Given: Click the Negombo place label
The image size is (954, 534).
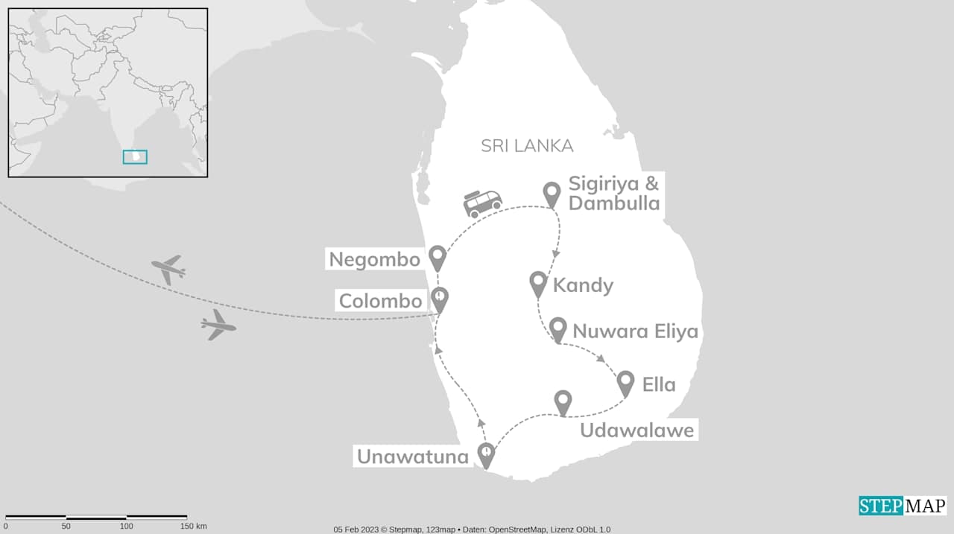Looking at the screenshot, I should (x=375, y=259).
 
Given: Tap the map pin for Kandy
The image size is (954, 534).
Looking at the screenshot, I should (x=538, y=283).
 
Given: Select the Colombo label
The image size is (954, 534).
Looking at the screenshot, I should (x=381, y=301).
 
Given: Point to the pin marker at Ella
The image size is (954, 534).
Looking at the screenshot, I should (x=625, y=382).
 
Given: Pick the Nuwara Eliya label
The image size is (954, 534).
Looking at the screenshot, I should (x=635, y=331).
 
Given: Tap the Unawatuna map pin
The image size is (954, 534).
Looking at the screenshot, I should (x=486, y=454).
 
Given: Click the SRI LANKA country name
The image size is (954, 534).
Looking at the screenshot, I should (x=527, y=146).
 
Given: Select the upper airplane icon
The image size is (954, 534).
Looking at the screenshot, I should (x=168, y=269).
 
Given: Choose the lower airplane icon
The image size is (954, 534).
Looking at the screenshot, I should (x=218, y=325).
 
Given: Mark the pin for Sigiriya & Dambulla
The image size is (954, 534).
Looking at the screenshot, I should (x=552, y=193).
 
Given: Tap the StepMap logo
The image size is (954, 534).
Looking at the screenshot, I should (x=903, y=506).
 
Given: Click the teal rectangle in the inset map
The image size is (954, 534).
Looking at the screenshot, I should (x=135, y=156).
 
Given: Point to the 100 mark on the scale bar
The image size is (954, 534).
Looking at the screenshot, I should (x=125, y=527).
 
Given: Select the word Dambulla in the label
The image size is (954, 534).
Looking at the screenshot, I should (x=614, y=203).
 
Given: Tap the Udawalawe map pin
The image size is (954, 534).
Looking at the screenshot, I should (x=563, y=401).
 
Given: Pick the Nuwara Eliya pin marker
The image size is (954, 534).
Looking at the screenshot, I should (x=557, y=328).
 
